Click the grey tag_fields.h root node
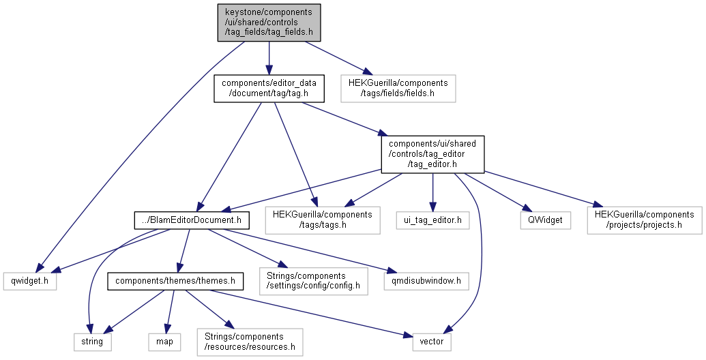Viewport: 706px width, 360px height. [269, 22]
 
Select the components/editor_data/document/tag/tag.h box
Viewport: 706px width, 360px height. [269, 89]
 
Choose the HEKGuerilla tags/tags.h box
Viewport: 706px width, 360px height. [323, 220]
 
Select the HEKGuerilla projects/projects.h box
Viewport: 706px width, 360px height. [645, 220]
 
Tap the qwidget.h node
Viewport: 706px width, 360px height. [29, 280]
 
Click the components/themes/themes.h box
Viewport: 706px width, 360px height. [175, 280]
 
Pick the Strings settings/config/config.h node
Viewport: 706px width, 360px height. [313, 280]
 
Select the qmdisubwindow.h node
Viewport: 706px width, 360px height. [426, 280]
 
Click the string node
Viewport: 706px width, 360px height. [91, 341]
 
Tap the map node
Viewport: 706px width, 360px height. [164, 341]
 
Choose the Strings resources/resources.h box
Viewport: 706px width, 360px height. [250, 341]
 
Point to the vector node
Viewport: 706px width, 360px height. [432, 341]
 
